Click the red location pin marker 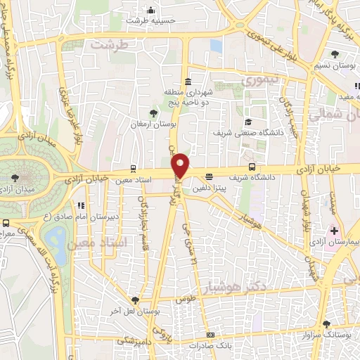(181, 165)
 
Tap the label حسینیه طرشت (149, 20)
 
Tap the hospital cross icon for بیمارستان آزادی (335, 231)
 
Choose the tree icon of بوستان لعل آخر (145, 300)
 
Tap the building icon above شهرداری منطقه (188, 80)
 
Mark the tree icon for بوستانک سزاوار (326, 324)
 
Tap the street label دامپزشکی (133, 340)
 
